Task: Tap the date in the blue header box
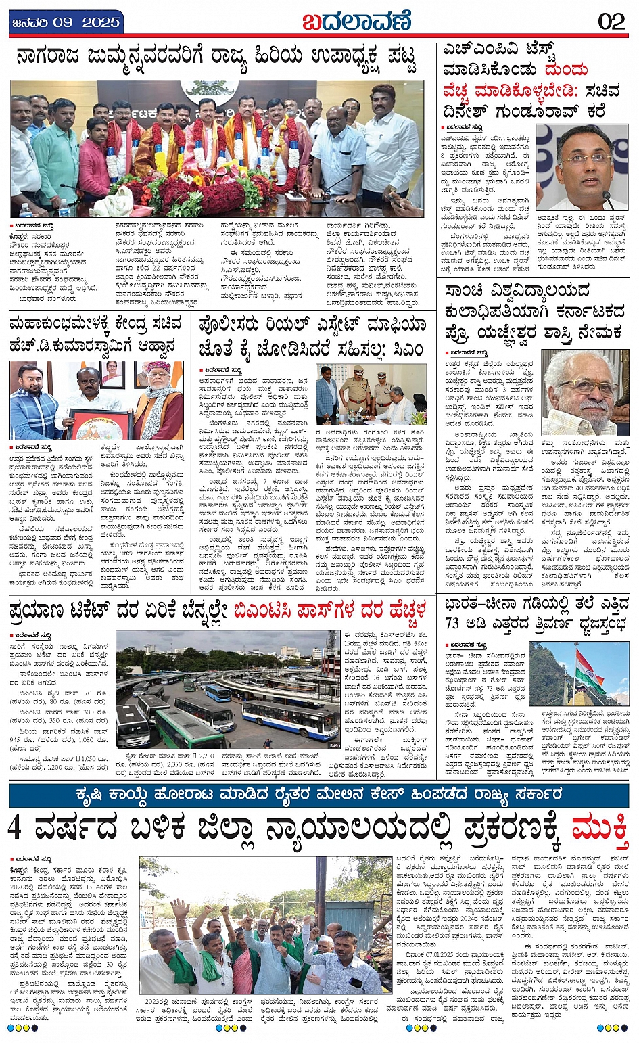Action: pyautogui.click(x=66, y=22)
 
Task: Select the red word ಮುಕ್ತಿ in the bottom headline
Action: pyautogui.click(x=600, y=828)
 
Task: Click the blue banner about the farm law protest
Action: pyautogui.click(x=319, y=794)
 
